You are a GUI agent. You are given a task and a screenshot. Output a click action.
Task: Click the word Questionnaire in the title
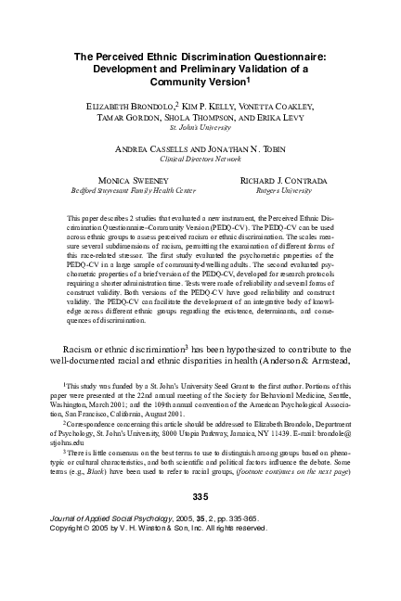289,57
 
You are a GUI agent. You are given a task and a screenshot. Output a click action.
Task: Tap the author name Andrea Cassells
156,148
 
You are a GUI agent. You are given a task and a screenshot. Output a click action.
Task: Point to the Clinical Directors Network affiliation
200,160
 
